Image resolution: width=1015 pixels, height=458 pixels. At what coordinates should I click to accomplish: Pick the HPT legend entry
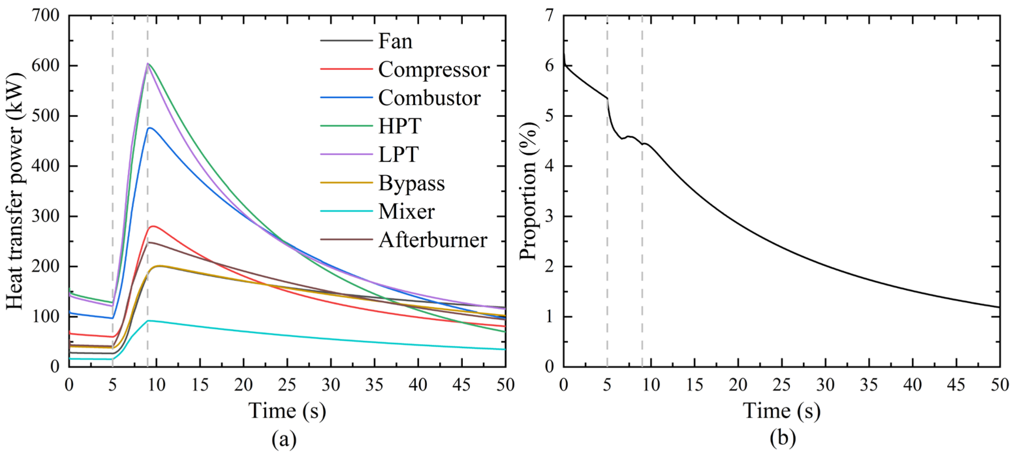(399, 126)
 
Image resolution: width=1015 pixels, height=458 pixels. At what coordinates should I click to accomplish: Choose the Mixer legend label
(406, 212)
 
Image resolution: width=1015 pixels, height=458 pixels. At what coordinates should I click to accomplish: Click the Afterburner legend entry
(433, 240)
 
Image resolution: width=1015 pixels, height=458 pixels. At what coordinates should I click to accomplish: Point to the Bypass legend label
(411, 183)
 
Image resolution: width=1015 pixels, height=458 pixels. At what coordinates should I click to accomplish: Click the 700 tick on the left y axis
(45, 16)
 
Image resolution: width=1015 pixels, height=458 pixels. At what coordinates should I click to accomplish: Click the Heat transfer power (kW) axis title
(15, 191)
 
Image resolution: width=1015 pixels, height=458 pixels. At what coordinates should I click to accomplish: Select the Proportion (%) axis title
(528, 191)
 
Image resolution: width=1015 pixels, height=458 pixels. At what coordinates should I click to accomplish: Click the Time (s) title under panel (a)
(287, 411)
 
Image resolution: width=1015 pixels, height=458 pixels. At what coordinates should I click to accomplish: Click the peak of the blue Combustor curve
(150, 128)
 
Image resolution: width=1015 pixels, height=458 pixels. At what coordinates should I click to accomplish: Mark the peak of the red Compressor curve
(153, 226)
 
